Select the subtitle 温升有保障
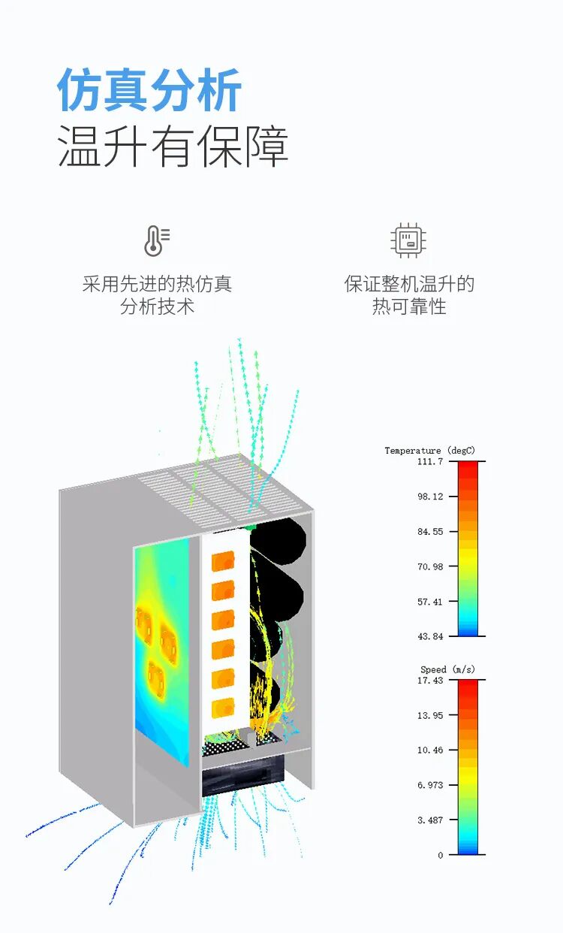[x=173, y=146]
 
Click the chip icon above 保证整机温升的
[x=408, y=240]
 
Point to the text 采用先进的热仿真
[x=157, y=284]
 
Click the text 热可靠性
[x=409, y=306]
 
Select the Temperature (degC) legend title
[x=429, y=451]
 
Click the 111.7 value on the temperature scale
[x=430, y=461]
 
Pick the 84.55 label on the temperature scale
[x=430, y=532]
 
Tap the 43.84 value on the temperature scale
[x=430, y=636]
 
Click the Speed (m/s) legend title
[x=447, y=669]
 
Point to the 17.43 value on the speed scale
[x=430, y=680]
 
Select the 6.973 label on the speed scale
[x=430, y=785]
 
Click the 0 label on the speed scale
[x=441, y=855]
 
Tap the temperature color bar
[x=468, y=548]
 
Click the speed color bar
[x=468, y=767]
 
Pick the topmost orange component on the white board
[x=223, y=563]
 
